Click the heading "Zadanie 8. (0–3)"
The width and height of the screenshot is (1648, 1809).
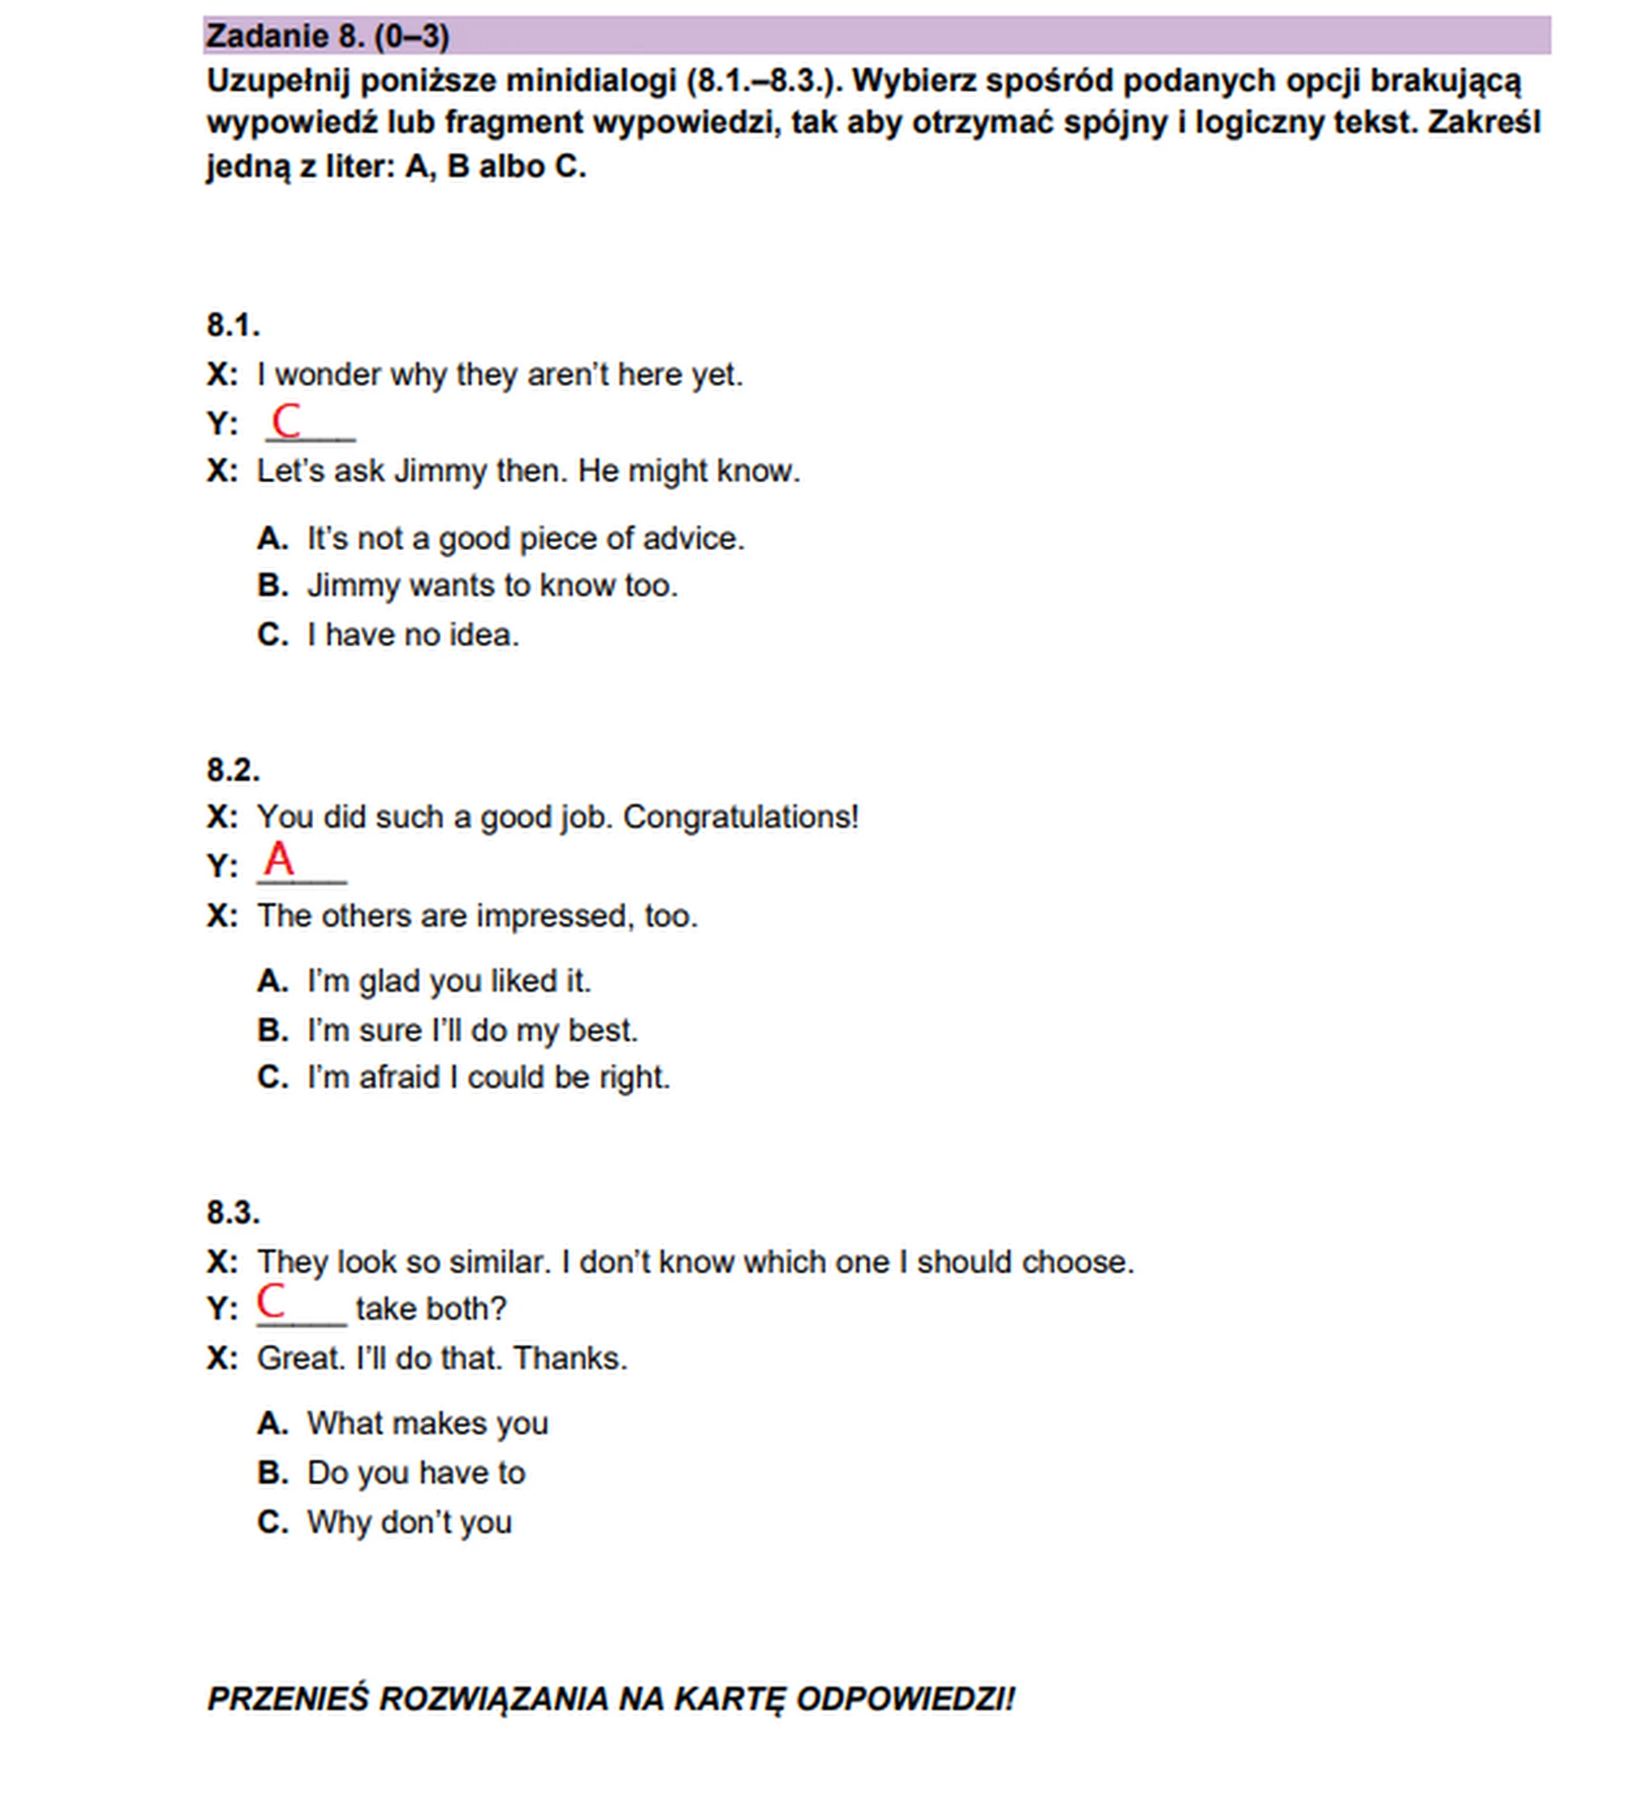point(328,37)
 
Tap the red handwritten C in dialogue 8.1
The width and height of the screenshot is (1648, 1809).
point(286,420)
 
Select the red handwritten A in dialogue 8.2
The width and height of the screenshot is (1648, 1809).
point(278,859)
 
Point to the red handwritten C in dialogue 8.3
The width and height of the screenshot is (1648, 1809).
point(271,1300)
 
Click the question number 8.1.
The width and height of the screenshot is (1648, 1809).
point(233,326)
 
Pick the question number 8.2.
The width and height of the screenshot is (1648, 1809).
point(233,770)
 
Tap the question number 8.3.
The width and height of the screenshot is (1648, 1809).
point(233,1213)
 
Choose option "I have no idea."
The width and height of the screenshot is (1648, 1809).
point(413,635)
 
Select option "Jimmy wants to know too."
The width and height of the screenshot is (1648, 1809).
point(492,586)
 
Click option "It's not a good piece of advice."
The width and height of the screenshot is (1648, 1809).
point(525,538)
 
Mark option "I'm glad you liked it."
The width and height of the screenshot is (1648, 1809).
point(449,981)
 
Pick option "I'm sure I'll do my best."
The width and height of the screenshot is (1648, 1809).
point(472,1030)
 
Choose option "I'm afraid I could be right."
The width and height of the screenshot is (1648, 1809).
point(488,1077)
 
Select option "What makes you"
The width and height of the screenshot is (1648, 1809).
point(427,1423)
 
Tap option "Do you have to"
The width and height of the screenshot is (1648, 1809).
point(415,1473)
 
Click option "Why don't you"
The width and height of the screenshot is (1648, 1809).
point(409,1522)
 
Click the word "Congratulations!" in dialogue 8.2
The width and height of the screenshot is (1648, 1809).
point(741,817)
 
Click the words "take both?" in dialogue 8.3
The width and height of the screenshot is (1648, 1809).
point(431,1309)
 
